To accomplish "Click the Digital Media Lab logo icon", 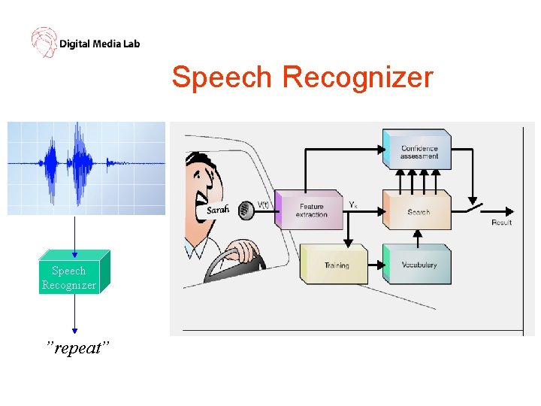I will [44, 42].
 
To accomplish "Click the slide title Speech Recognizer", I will [302, 77].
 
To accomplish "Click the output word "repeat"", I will [77, 349].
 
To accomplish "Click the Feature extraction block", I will [310, 210].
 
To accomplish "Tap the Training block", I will [335, 265].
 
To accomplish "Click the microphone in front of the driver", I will [245, 210].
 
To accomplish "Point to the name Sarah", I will [219, 211].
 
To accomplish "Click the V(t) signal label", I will [264, 204].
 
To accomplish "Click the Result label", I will [501, 223].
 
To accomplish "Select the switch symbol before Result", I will [475, 205].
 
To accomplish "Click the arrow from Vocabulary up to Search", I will [418, 237].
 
